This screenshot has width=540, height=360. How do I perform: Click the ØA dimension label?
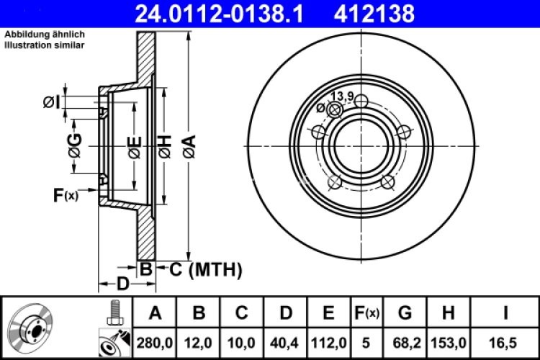click(x=189, y=146)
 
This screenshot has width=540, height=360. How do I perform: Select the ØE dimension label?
click(x=133, y=146)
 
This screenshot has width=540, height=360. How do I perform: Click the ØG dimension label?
click(x=74, y=146)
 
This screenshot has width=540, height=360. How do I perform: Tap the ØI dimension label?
click(x=52, y=103)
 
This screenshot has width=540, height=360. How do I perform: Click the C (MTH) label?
click(x=204, y=270)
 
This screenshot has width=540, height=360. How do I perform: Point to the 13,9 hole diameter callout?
click(x=341, y=96)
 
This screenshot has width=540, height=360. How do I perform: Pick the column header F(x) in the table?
click(x=366, y=313)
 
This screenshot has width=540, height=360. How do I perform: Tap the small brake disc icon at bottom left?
click(x=32, y=327)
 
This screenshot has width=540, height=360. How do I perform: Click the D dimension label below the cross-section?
click(x=122, y=284)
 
